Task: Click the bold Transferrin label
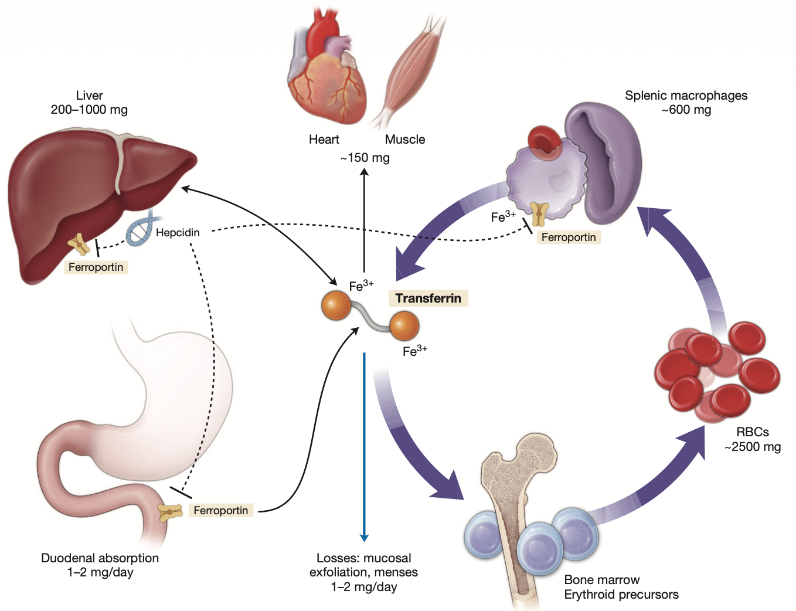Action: point(428,298)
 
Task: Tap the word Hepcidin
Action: point(178,233)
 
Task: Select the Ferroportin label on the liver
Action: point(96,267)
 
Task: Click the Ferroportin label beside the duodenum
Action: point(220,511)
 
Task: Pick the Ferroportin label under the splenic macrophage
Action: point(568,237)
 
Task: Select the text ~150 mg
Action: point(365,158)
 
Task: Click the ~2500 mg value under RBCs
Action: point(753,447)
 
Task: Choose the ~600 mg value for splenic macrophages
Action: point(686,110)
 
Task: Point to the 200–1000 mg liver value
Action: point(89,110)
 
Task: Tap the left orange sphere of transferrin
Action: point(336,305)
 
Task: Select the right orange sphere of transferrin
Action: point(404,326)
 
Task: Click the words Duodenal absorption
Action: point(100,558)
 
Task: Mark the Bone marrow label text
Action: point(602,580)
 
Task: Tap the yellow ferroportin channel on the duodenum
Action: point(171,512)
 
